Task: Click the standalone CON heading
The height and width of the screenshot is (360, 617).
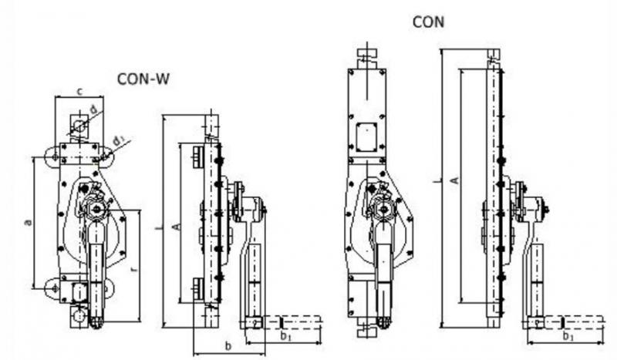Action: tap(430, 22)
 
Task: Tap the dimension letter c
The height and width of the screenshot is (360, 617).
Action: tap(81, 92)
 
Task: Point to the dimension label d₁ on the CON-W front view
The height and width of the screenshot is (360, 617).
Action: tap(118, 140)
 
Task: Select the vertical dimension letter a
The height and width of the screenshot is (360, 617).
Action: tap(29, 223)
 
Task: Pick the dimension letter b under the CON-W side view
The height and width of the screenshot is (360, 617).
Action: tap(228, 345)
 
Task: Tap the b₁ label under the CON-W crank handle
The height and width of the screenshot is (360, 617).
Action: tap(285, 337)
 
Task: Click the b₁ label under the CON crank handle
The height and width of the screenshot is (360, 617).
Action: tap(568, 337)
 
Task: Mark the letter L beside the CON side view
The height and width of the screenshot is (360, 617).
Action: tap(437, 181)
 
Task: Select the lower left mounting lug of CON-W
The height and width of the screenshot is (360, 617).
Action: tap(52, 286)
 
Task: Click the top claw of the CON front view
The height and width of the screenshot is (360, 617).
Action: tap(366, 56)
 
